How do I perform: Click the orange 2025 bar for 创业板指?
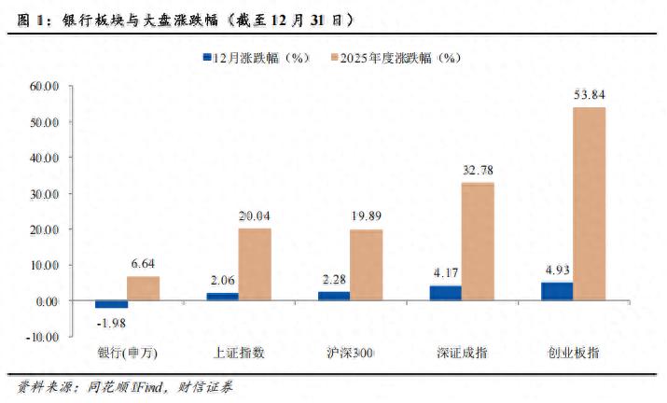589,203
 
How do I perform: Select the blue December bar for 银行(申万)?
111,304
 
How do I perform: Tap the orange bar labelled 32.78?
478,242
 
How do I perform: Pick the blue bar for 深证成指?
445,293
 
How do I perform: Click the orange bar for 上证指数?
255,264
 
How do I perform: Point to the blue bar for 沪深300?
334,296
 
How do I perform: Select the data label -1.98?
112,322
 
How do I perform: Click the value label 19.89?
366,215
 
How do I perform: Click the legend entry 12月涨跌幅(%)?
254,58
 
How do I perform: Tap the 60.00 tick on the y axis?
44,86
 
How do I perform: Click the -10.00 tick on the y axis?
42,336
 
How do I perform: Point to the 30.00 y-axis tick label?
44,193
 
